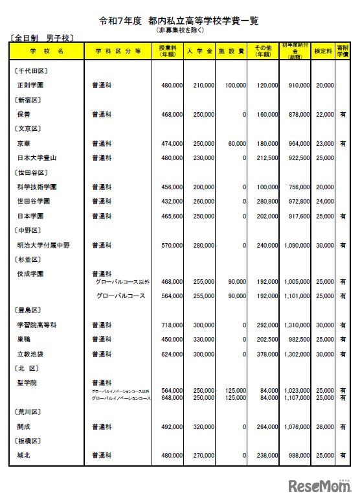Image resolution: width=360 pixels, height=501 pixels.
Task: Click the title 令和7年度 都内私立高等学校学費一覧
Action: point(178,21)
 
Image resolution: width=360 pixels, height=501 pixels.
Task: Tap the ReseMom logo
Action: point(318,486)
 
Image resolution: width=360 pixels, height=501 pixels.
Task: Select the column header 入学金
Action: point(197,50)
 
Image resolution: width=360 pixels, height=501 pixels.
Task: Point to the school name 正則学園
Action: point(30,85)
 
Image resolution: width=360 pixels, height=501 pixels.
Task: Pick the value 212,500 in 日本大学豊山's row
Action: point(265,157)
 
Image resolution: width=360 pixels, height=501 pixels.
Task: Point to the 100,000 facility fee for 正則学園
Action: point(234,85)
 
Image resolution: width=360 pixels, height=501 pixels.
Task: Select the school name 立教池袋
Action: point(30,355)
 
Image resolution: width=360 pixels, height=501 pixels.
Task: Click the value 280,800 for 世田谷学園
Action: point(265,202)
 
